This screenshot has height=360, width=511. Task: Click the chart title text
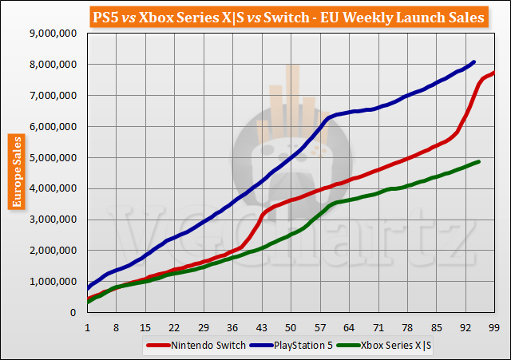255,16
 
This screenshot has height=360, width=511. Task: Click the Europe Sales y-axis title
16,172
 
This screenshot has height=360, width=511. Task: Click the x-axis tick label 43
261,327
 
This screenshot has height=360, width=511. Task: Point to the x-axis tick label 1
87,327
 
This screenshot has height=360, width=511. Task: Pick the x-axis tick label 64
349,327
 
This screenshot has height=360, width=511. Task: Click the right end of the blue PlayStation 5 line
474,61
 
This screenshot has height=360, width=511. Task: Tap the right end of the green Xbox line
478,161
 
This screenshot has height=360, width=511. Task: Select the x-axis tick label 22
174,327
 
